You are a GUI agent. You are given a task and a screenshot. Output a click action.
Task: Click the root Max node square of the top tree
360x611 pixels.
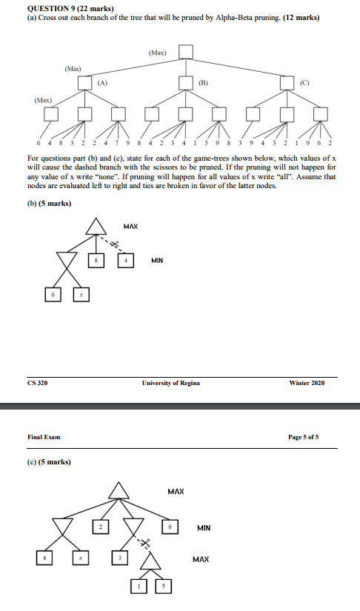185,51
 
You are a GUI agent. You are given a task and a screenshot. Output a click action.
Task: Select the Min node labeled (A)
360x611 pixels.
85,83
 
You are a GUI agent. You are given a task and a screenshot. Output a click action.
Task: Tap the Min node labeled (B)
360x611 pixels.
186,83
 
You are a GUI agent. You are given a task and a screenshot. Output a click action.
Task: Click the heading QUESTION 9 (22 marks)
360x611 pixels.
61,6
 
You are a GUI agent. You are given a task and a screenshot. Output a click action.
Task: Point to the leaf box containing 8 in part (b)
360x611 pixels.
96,261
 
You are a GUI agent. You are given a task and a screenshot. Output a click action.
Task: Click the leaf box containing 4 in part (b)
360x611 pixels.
127,261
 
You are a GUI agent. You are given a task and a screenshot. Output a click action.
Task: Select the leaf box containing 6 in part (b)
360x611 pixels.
52,296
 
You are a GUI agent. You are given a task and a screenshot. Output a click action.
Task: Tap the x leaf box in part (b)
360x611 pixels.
82,296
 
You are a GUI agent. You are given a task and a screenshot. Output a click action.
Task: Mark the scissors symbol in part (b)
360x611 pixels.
115,242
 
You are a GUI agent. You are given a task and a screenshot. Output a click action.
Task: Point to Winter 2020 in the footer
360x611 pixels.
307,383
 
